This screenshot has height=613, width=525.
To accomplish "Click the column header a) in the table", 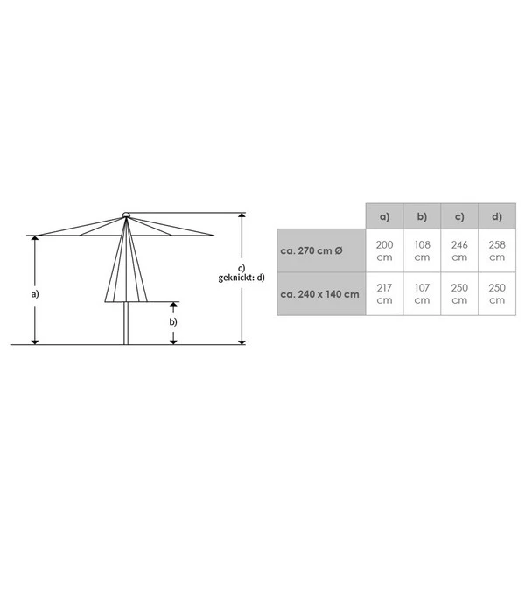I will click(384, 216).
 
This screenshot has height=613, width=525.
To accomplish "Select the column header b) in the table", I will click(422, 216).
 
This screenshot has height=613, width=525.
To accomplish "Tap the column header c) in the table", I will click(459, 216).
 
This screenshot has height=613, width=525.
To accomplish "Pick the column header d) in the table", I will click(497, 216).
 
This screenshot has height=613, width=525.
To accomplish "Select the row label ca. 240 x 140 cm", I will click(320, 294).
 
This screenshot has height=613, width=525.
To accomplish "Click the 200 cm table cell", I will click(384, 250).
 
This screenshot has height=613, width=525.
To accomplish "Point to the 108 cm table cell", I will click(422, 250).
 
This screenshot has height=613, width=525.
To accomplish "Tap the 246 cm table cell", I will click(459, 250).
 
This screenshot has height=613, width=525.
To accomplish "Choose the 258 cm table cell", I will click(497, 250).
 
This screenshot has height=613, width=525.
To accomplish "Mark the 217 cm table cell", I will click(384, 294).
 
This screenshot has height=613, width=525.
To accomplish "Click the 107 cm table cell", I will click(422, 294).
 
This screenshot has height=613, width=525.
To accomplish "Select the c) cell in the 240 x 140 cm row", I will click(459, 294).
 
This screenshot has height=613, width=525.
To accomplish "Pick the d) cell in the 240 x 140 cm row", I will click(497, 294).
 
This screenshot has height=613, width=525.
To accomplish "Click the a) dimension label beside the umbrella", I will click(35, 294).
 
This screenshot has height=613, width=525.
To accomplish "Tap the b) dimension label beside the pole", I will click(173, 321).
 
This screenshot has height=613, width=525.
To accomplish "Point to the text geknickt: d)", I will click(241, 278).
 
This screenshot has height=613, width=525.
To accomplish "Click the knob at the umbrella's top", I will click(126, 214).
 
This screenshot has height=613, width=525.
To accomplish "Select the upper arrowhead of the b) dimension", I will click(173, 305).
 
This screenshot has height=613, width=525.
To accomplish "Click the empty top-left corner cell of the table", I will click(320, 216).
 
